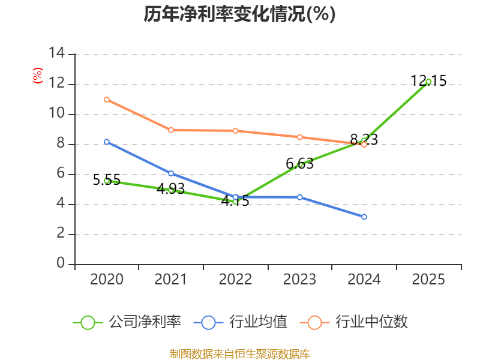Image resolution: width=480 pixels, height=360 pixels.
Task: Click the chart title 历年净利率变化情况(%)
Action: click(x=239, y=14)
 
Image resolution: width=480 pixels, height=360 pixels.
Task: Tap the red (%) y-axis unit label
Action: click(x=37, y=76)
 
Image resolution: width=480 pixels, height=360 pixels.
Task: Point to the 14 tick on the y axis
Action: click(x=57, y=53)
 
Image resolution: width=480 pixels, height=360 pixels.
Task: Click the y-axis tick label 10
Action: click(x=57, y=113)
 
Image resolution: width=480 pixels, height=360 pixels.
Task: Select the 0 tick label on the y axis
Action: click(x=61, y=263)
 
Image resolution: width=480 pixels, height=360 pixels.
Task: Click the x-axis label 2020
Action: click(x=107, y=279)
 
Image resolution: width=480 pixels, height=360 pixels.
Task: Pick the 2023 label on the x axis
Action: click(x=299, y=279)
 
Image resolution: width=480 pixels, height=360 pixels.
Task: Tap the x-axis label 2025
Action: click(x=428, y=279)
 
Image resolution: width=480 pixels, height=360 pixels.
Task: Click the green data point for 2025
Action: click(x=428, y=82)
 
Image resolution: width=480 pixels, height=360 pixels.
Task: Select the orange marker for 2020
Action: click(x=107, y=100)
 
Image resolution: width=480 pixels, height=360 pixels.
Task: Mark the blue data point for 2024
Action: click(x=364, y=217)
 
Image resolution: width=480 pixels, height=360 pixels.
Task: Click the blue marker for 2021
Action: click(x=171, y=173)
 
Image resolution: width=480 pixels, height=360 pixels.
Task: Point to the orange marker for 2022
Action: click(x=235, y=131)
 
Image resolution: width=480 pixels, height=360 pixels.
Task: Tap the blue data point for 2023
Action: click(x=299, y=197)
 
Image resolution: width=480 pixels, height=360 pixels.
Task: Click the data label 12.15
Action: click(x=428, y=81)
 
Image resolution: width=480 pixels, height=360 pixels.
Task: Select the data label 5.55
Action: click(x=107, y=179)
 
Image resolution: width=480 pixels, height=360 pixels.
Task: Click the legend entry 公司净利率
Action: click(x=127, y=322)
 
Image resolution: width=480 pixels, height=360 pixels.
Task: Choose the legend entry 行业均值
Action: click(x=241, y=322)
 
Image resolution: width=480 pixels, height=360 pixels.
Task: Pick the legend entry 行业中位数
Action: click(x=353, y=322)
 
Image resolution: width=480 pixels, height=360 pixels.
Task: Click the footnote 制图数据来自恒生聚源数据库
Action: click(x=239, y=354)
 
